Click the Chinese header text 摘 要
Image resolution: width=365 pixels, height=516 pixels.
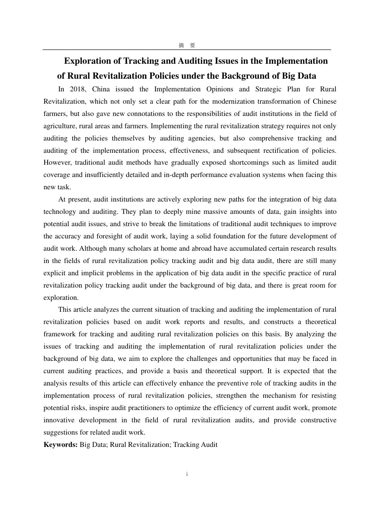[x=187, y=45]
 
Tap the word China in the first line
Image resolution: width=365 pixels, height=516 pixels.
[x=101, y=89]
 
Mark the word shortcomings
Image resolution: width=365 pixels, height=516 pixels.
[x=249, y=163]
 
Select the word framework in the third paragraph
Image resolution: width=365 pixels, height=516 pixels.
[x=60, y=334]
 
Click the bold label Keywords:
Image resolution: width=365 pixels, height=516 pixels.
[x=61, y=445]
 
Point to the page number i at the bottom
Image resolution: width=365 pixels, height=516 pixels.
[x=187, y=475]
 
